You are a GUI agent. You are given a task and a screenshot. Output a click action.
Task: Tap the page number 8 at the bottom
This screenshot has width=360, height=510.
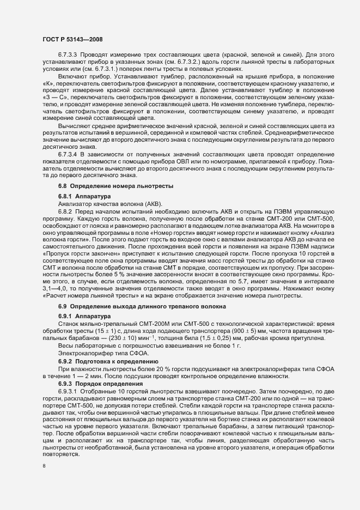[x=44, y=466]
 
